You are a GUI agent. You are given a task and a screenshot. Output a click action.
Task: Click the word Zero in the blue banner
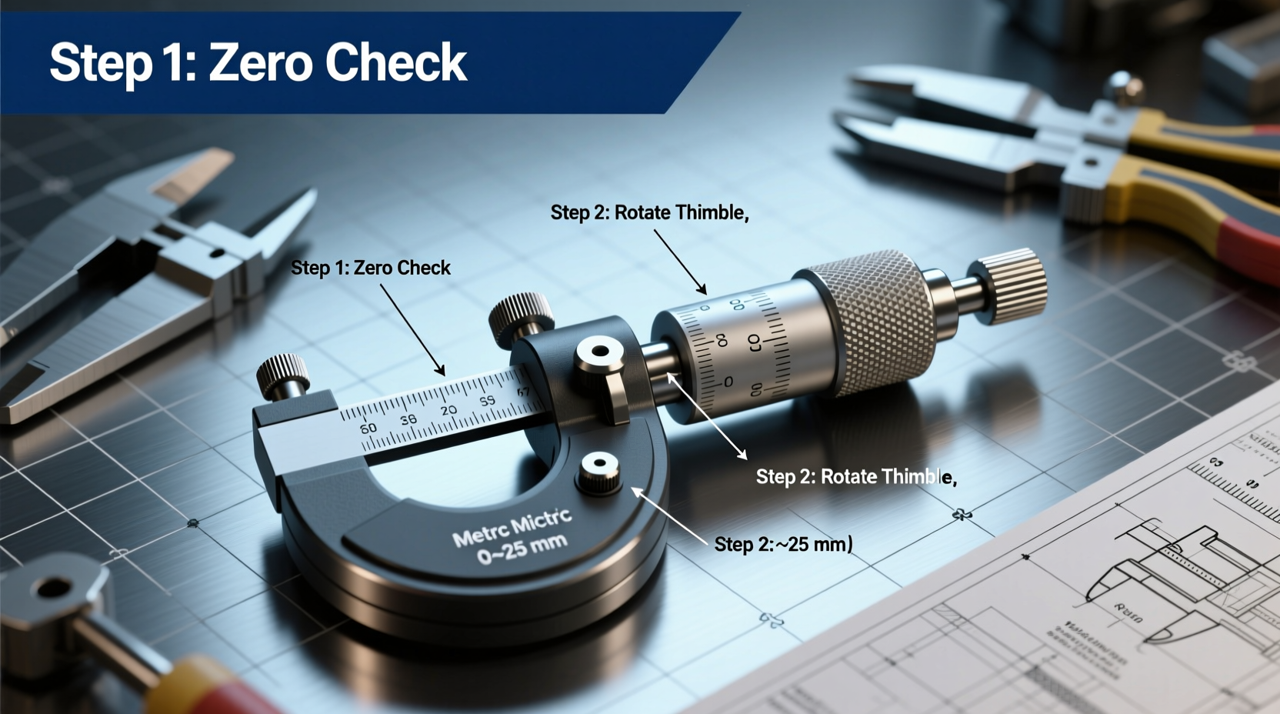[x=261, y=62]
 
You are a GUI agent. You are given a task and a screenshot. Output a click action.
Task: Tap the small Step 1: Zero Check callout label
[x=370, y=268]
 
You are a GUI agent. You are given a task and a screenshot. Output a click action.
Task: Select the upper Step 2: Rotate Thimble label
[x=649, y=212]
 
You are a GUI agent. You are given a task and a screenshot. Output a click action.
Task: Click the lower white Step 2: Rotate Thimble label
[x=855, y=477]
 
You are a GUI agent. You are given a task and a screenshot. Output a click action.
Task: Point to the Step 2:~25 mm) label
[x=783, y=544]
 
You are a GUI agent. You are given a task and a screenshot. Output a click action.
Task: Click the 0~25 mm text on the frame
[x=521, y=548]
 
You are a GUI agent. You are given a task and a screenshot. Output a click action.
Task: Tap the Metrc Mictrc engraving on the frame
[x=511, y=525]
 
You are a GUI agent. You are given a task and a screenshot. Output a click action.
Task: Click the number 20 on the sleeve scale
[x=448, y=410]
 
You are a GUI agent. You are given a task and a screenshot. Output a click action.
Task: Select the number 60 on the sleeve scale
[x=368, y=428]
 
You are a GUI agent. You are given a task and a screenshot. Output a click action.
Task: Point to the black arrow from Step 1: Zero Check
[x=412, y=329]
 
